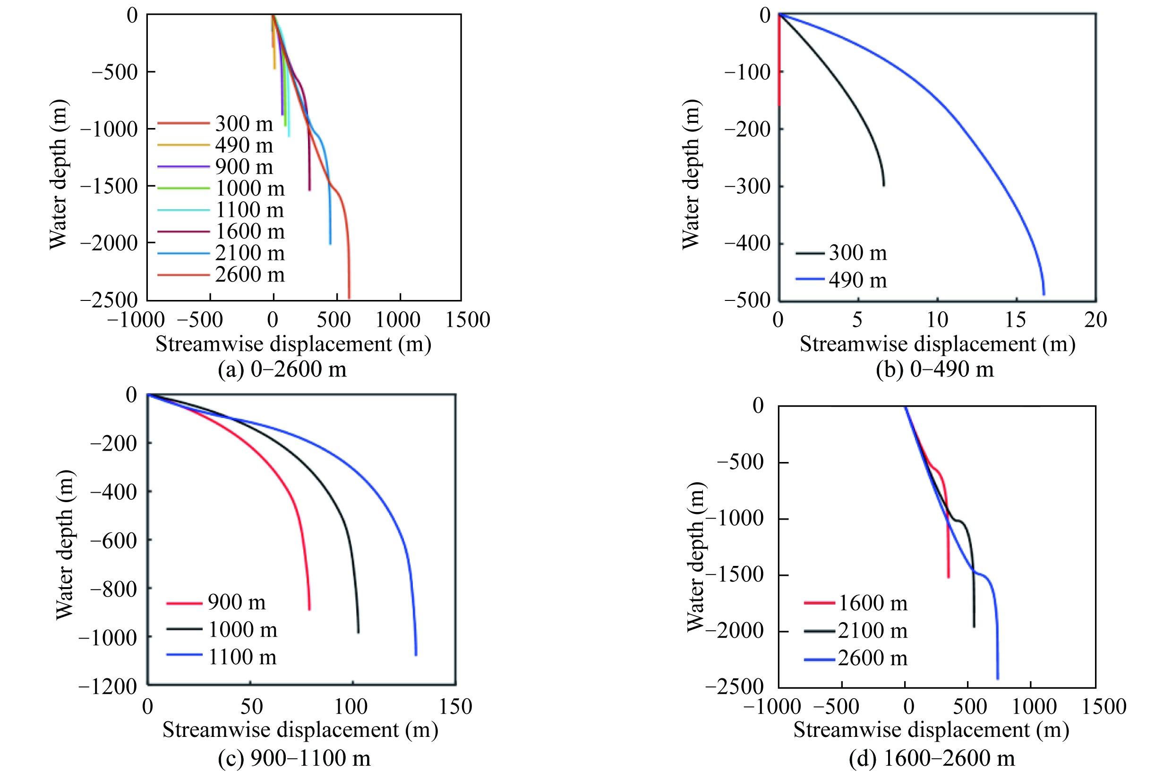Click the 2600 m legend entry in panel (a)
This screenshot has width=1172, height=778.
[x=249, y=275]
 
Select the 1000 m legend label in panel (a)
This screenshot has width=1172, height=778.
[x=249, y=188]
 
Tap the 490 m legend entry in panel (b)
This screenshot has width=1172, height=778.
[x=857, y=280]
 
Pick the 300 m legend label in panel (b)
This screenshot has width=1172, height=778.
[x=857, y=253]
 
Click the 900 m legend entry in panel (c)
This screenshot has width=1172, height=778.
[x=237, y=602]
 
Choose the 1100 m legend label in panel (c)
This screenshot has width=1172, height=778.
[x=242, y=657]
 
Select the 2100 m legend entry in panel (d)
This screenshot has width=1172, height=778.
[x=873, y=631]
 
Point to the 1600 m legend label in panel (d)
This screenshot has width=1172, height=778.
[x=873, y=603]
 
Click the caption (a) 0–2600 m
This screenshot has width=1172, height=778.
[x=282, y=369]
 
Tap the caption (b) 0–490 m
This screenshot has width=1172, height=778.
[x=935, y=369]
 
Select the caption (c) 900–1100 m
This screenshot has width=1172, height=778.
[x=294, y=758]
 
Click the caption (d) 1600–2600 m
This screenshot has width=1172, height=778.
[x=932, y=758]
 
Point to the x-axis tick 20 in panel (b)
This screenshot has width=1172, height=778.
[x=1095, y=320]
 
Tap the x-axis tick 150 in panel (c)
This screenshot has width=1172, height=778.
[x=455, y=707]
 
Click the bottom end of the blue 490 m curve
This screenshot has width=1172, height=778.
[x=1044, y=294]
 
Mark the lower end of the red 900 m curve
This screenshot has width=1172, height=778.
[x=309, y=609]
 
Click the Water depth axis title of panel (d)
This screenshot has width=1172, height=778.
[x=696, y=557]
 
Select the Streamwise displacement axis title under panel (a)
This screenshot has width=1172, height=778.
[x=293, y=344]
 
